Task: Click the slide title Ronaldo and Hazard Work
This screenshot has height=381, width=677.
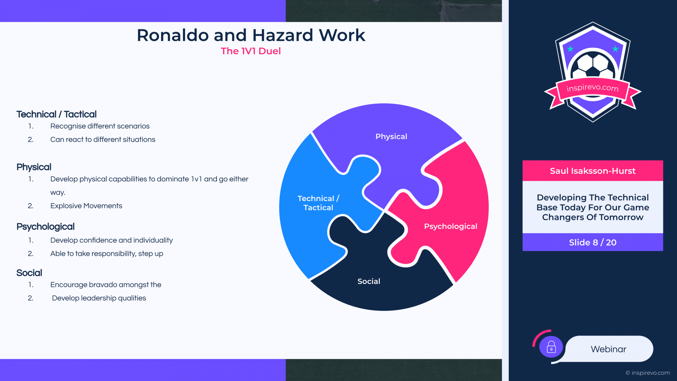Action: [x=251, y=35]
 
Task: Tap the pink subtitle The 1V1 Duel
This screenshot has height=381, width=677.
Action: [x=251, y=51]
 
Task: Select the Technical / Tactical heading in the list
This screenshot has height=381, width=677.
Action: [x=56, y=114]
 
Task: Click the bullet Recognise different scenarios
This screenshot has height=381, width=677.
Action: [x=100, y=126]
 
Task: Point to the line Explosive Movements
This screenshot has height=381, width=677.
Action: [x=86, y=206]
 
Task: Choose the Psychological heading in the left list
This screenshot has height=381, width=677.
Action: [x=45, y=227]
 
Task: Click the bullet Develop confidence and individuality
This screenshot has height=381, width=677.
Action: [x=111, y=240]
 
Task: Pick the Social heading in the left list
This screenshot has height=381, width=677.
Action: [x=29, y=273]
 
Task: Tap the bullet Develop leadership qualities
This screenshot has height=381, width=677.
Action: [x=99, y=298]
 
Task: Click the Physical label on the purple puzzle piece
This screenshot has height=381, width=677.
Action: [x=391, y=137]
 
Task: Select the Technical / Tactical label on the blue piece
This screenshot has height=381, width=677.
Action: [x=318, y=203]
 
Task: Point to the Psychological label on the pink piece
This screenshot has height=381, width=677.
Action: [x=451, y=226]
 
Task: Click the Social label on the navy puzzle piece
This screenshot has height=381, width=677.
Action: [x=369, y=282]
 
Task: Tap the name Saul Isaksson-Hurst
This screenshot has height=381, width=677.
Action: [x=593, y=171]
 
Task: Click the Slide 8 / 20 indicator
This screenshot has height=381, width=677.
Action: [x=593, y=242]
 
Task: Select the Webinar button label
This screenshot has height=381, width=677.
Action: [x=609, y=349]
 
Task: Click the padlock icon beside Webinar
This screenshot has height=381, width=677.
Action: [x=551, y=347]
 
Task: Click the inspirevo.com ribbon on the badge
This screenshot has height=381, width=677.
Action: [x=592, y=88]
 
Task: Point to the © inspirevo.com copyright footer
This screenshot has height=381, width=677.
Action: [x=648, y=373]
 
